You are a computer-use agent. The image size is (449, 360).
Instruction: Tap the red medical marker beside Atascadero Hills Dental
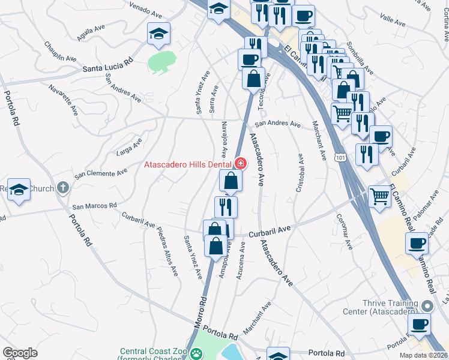point(241,163)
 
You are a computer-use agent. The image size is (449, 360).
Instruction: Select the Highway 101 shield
point(341,157)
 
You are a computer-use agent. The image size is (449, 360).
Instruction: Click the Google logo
point(20,352)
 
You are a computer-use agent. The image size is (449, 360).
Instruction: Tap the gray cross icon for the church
point(63,188)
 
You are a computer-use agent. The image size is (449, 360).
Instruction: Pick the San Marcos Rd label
point(94,206)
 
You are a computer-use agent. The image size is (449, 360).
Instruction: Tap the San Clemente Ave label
point(100,173)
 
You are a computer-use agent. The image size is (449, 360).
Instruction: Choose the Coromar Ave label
point(343,232)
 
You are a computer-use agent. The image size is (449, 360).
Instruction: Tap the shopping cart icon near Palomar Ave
point(379,195)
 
